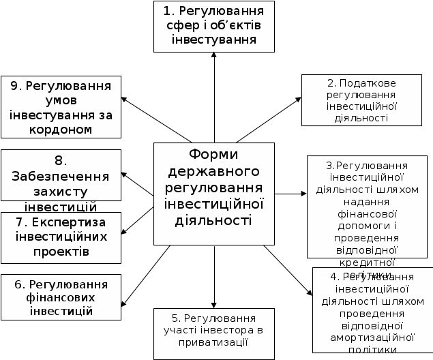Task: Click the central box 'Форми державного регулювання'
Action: [x=214, y=194]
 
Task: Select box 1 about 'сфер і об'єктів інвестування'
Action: [x=214, y=27]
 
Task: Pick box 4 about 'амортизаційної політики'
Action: [x=372, y=310]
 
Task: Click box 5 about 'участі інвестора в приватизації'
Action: [x=214, y=333]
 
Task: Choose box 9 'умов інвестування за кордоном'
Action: [x=61, y=106]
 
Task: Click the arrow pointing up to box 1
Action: [x=214, y=95]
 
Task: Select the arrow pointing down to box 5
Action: [x=214, y=276]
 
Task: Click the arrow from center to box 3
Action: [x=290, y=194]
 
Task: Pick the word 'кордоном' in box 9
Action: [x=61, y=128]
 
